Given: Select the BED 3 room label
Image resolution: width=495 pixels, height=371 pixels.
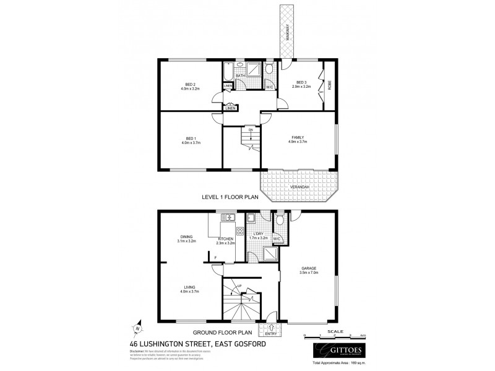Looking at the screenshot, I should [x=301, y=82].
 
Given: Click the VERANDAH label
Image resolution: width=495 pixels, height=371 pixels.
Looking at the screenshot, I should [x=299, y=187].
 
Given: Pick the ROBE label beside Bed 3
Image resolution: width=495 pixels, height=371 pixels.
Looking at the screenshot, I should [x=330, y=83].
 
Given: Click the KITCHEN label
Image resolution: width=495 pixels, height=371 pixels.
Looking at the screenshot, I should [x=226, y=239].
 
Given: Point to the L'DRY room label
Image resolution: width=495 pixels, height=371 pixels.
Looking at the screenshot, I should [x=259, y=234].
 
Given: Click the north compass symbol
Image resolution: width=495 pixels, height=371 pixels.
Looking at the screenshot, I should [x=139, y=328].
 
